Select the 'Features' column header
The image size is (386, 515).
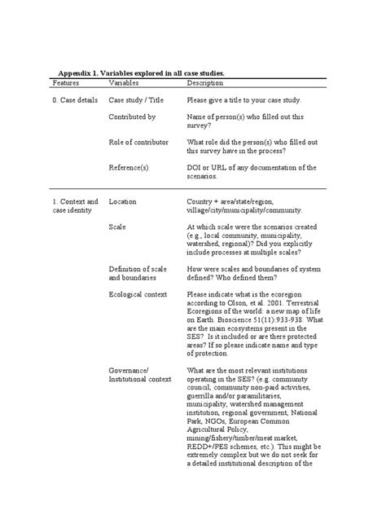tap(66, 83)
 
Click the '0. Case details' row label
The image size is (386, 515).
tap(75, 99)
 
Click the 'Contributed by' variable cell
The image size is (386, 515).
tap(132, 117)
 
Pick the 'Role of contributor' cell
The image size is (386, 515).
tap(138, 142)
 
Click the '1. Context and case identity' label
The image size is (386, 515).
tap(75, 206)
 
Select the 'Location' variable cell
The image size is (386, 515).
tap(123, 201)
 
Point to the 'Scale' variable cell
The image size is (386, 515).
tap(117, 227)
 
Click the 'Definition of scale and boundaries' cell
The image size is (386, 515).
tap(138, 273)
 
